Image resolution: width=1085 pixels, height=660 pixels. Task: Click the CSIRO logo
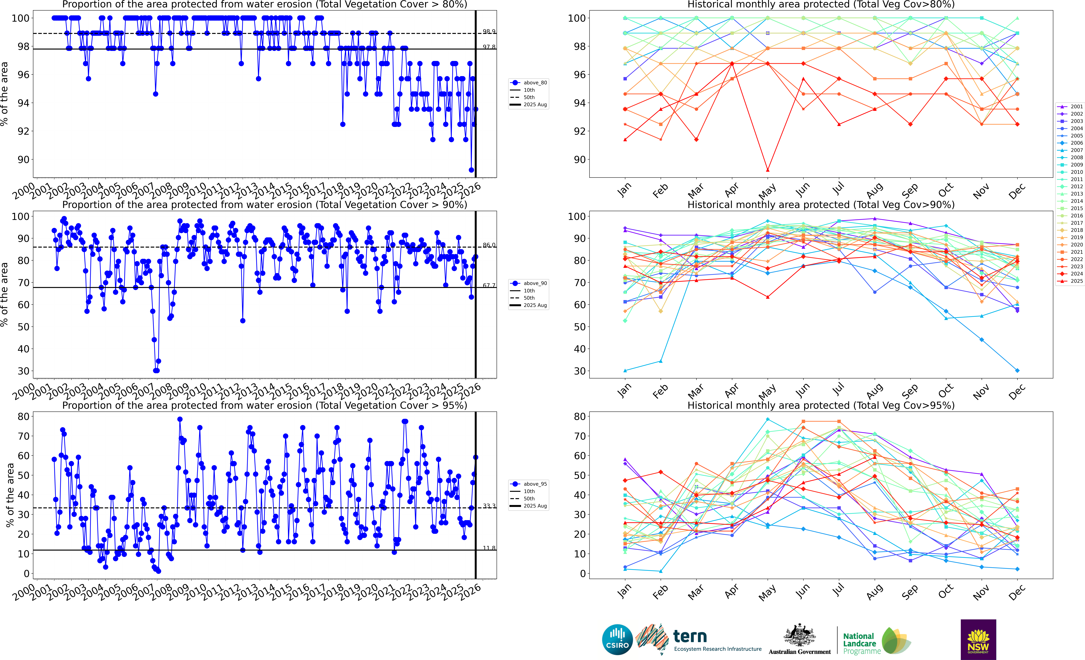(617, 639)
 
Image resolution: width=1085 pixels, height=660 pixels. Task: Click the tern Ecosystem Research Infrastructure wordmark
(717, 640)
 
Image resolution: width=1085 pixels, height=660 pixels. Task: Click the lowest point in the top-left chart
(471, 170)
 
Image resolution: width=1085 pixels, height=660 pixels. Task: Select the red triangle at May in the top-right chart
(767, 170)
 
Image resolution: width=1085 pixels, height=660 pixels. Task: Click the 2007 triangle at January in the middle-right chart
(625, 370)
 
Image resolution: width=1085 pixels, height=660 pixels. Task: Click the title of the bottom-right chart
(821, 405)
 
